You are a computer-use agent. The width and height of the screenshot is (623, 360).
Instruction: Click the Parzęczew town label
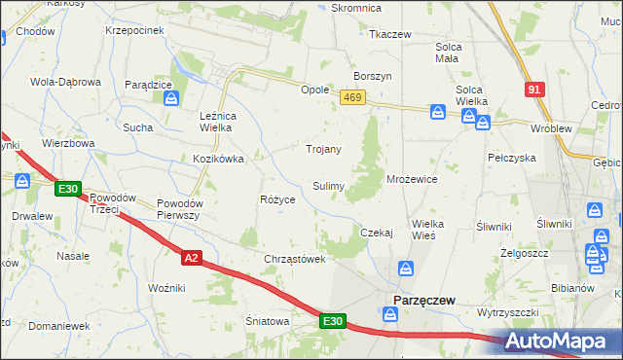(x=424, y=301)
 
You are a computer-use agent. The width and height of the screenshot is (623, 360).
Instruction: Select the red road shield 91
(x=533, y=90)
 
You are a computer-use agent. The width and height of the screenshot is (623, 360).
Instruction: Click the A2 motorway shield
(x=192, y=257)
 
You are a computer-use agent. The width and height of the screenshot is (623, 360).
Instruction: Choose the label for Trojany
(x=323, y=149)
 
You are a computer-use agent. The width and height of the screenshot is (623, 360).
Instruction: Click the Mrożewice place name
(x=412, y=179)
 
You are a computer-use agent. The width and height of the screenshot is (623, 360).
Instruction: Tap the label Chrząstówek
(x=293, y=259)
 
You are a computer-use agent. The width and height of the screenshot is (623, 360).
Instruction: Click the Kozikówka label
(x=217, y=158)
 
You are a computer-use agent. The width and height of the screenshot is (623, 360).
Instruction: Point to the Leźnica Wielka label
(x=225, y=121)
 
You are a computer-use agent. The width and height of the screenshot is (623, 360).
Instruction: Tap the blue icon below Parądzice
(x=170, y=98)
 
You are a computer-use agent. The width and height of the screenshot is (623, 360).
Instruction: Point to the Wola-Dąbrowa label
(x=66, y=82)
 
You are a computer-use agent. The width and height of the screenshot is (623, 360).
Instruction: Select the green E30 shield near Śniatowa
(x=331, y=320)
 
